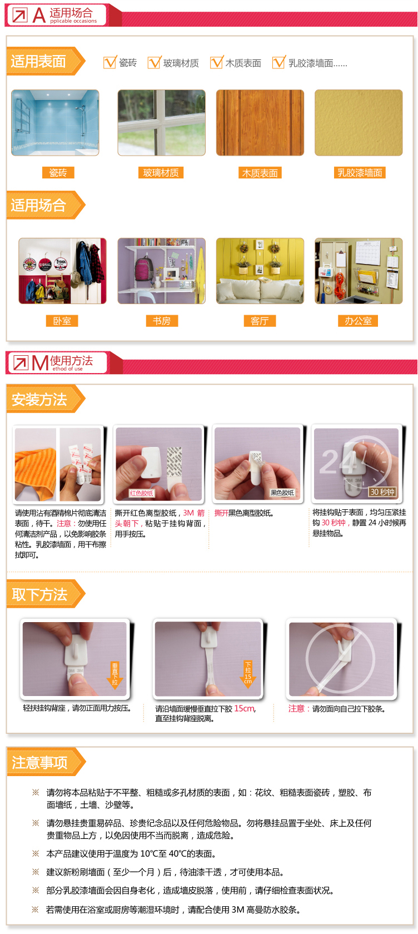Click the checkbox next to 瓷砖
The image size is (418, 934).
pos(110,62)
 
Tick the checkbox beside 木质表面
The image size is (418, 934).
pos(216,62)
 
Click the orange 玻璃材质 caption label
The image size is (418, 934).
pos(161,172)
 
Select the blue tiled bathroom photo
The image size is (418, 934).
pos(55,122)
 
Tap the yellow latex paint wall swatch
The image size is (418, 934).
pos(359,122)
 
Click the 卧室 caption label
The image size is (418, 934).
pos(62,321)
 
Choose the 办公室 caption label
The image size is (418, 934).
pos(358,321)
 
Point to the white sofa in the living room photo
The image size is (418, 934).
pos(260,289)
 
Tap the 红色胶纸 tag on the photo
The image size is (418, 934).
pos(141,493)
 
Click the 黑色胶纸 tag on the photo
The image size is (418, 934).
pos(282,493)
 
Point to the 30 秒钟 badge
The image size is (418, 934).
pos(382,492)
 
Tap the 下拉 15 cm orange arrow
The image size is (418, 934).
pos(248,673)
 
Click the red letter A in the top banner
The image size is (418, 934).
pos(39,16)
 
